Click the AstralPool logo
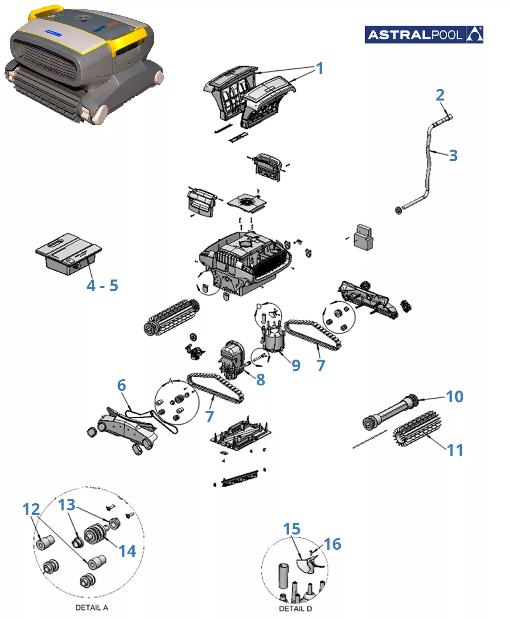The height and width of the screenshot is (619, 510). (424, 35)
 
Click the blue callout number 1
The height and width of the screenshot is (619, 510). (320, 68)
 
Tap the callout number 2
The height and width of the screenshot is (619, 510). (440, 95)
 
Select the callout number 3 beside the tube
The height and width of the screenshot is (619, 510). (453, 156)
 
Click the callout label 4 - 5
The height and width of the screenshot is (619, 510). (102, 286)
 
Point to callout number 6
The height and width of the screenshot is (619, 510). (121, 385)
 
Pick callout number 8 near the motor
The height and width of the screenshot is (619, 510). (261, 379)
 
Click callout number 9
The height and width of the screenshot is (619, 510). (296, 365)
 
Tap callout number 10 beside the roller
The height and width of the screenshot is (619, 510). (455, 397)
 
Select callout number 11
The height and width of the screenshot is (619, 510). (455, 450)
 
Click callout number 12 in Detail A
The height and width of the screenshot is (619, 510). (31, 510)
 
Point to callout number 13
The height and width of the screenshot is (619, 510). (67, 505)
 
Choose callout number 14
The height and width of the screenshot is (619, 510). (127, 551)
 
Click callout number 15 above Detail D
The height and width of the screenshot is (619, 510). (292, 529)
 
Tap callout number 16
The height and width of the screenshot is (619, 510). (333, 544)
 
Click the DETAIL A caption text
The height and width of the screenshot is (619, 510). (92, 607)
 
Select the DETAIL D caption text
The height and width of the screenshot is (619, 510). (295, 609)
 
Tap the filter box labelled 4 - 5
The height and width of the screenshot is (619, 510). (68, 253)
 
